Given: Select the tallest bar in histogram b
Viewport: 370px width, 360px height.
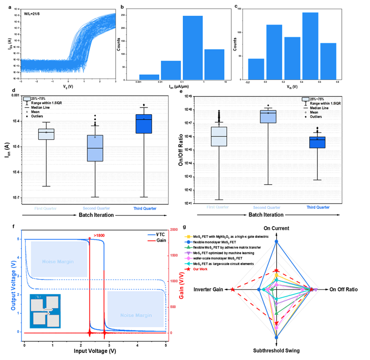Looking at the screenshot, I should (x=192, y=48).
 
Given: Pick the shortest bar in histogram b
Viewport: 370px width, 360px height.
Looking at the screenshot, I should (x=149, y=77).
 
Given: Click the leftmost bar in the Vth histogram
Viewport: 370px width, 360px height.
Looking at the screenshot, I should (x=256, y=70).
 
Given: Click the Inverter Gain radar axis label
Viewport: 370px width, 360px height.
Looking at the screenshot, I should (x=209, y=290).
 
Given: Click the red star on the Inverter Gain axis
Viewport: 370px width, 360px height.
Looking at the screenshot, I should (x=233, y=290).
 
